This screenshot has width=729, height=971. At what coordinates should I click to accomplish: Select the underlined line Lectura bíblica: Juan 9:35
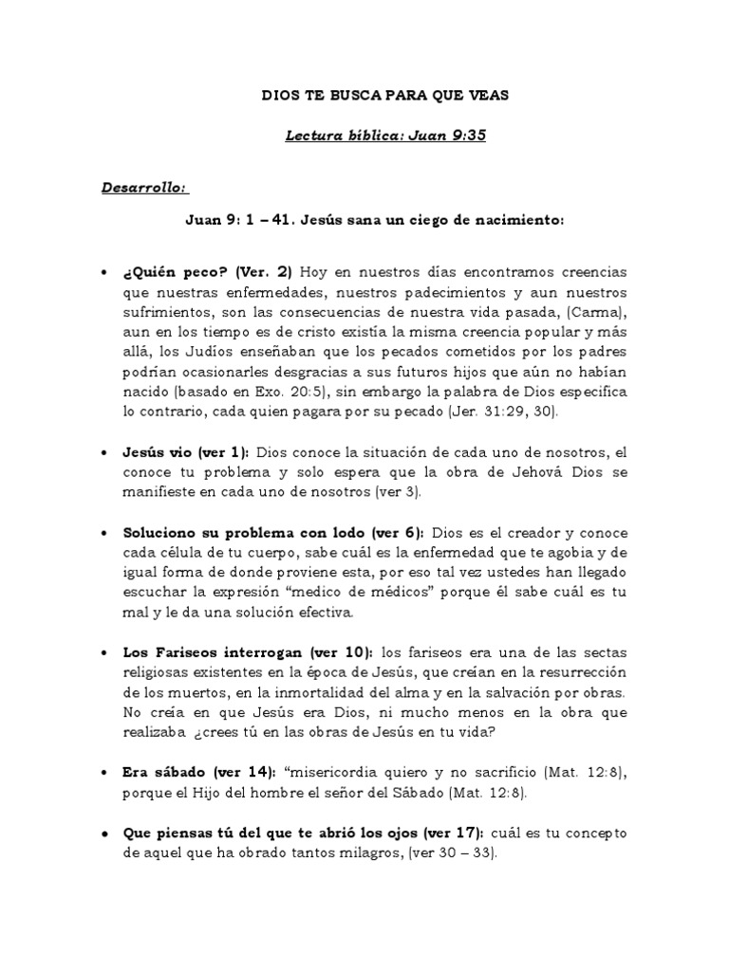click(385, 136)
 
